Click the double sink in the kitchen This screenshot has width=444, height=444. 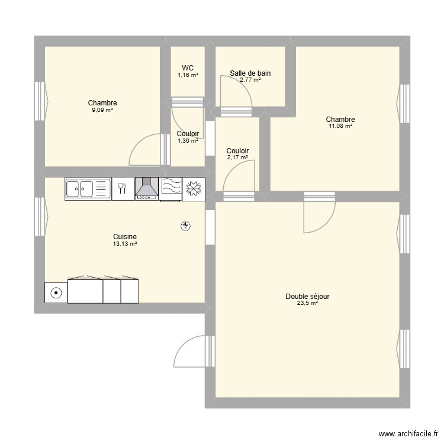click(x=88, y=189)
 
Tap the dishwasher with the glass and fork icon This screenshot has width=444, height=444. click(x=123, y=189)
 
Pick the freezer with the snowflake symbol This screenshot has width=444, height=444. click(x=193, y=189)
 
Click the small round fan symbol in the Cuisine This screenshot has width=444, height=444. click(x=186, y=226)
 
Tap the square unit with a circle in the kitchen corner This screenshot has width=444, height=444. click(x=56, y=292)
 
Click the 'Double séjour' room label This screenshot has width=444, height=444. click(x=307, y=296)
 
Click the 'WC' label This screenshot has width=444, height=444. click(x=188, y=68)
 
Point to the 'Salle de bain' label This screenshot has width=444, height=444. click(x=250, y=73)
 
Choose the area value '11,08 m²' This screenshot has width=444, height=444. click(x=340, y=126)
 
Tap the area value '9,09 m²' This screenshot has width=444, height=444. click(x=102, y=110)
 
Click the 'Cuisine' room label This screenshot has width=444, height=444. click(x=125, y=236)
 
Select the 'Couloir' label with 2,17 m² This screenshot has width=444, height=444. click(x=237, y=151)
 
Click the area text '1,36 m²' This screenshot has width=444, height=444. click(x=188, y=141)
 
